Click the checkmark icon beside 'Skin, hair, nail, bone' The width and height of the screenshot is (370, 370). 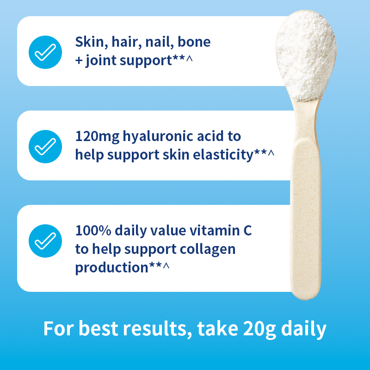pos(45,51)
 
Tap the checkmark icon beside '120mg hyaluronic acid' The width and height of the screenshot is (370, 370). pos(45,146)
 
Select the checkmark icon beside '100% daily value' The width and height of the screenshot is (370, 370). pos(45,240)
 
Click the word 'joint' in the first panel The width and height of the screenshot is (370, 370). pos(103,61)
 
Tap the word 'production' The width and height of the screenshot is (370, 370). pos(111,267)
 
